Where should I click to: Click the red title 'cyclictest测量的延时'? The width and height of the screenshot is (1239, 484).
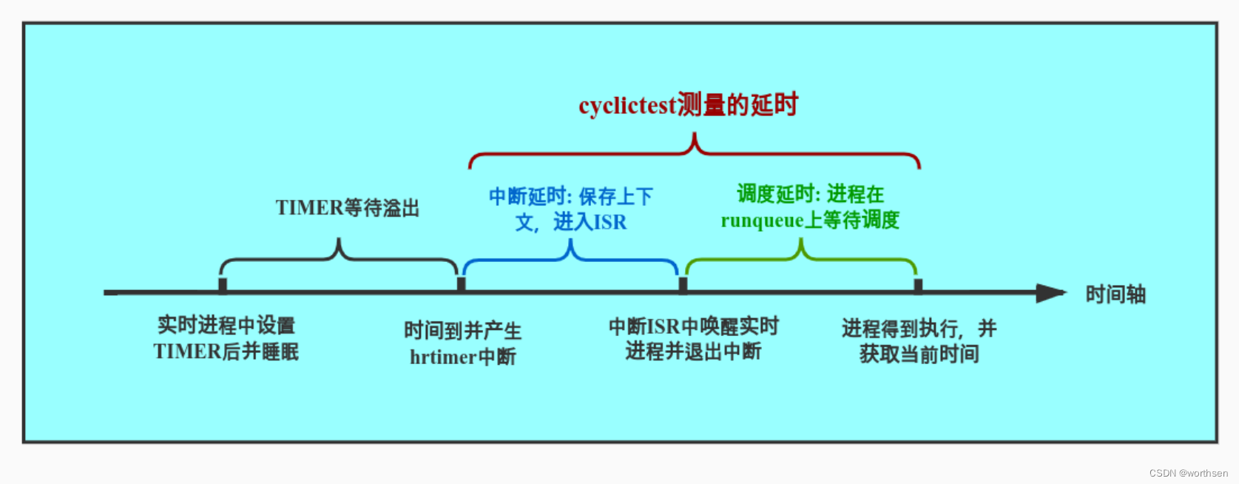688,105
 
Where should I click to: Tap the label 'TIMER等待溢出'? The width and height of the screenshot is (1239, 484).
347,208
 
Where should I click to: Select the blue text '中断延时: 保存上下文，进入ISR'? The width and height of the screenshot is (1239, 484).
570,209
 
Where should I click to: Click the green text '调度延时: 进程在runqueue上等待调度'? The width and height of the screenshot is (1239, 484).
810,207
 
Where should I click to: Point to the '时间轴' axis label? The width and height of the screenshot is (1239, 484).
1115,295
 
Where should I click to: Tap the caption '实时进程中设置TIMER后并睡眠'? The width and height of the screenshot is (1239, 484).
226,338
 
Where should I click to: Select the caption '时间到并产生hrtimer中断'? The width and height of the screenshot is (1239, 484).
463,343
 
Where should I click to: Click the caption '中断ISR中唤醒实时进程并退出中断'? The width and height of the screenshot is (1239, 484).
693,338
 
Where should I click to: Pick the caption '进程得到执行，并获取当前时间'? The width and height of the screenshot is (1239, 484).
919,340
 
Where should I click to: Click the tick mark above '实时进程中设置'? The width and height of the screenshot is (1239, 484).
223,285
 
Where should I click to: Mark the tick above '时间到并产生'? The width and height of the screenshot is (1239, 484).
462,285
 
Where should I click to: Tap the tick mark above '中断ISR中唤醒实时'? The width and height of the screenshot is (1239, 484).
683,285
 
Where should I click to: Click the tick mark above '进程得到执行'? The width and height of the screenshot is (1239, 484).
918,285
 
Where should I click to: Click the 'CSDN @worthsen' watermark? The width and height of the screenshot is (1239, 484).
1188,473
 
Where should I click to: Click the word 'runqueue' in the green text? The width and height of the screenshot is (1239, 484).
762,221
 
